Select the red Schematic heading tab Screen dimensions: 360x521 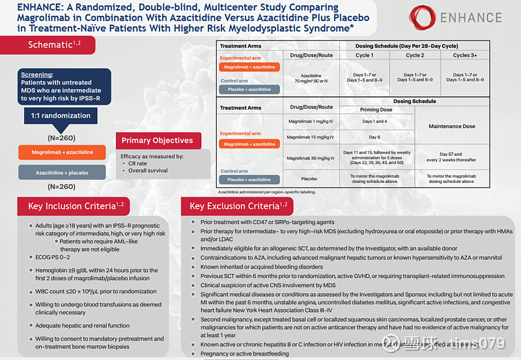pyautogui.click(x=54, y=44)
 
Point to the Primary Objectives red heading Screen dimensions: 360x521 pyautogui.click(x=158, y=140)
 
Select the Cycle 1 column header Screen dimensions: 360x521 pyautogui.click(x=363, y=55)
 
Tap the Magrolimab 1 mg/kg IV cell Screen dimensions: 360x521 pyautogui.click(x=312, y=122)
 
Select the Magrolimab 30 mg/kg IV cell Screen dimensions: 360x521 pyautogui.click(x=312, y=158)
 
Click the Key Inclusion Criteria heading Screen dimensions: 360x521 pyautogui.click(x=76, y=206)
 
